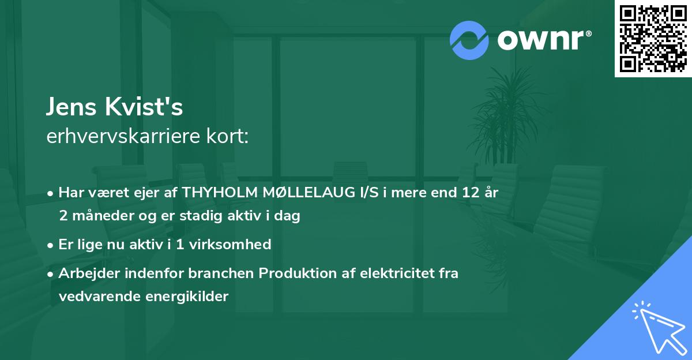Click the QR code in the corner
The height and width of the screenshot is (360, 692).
pos(653,38)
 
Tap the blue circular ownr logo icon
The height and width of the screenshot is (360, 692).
pos(469,40)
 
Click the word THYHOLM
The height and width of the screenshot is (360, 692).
pos(218,193)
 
